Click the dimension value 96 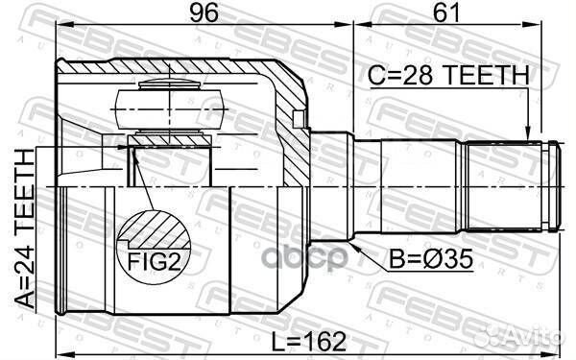204,12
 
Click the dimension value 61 446,12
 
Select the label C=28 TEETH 448,75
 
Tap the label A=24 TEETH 25,228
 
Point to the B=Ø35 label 431,259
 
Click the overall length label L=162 309,341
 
